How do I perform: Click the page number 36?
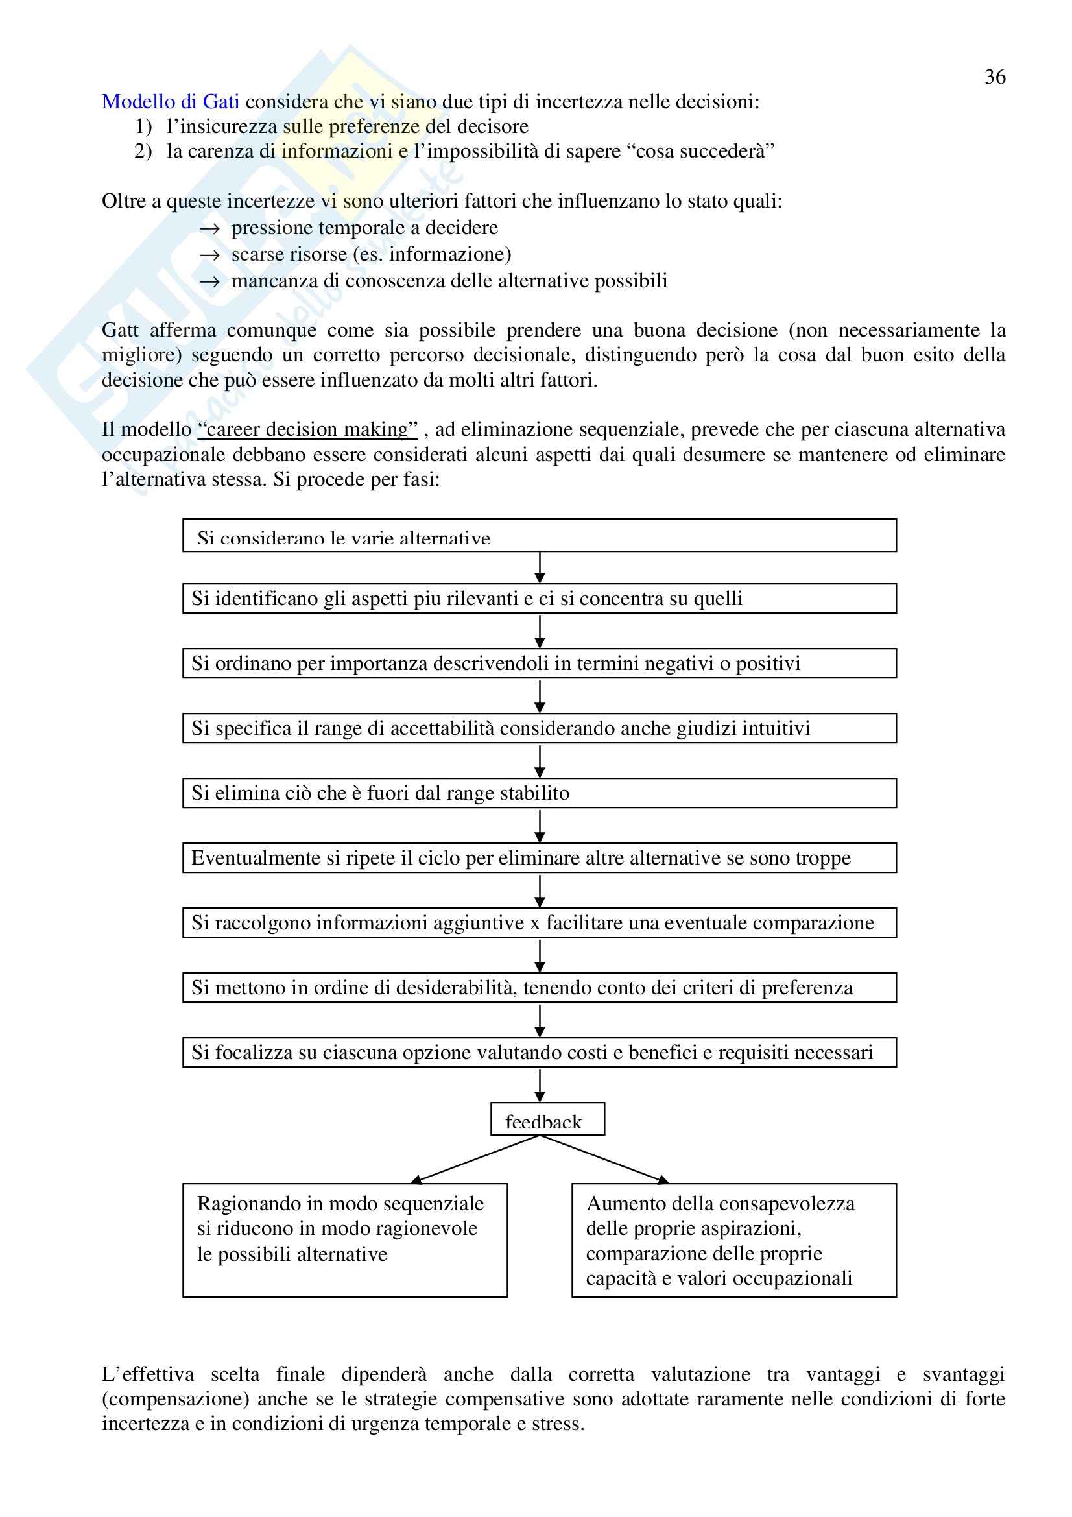995,77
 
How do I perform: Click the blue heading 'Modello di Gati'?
171,102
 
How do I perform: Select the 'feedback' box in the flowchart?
547,1119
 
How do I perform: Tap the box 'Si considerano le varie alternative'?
539,535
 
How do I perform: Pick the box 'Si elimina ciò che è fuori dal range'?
539,793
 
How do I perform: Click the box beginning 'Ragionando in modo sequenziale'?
345,1239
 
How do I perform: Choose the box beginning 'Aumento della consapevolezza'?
734,1239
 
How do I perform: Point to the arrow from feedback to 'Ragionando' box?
475,1160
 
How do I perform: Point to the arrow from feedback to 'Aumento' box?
604,1160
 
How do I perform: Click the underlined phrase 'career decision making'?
308,429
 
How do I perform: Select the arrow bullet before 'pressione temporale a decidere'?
209,228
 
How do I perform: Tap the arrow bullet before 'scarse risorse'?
209,256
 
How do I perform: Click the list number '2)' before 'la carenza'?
143,151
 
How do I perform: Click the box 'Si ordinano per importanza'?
539,663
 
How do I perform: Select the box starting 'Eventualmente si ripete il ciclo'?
539,857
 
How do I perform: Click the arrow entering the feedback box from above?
540,1085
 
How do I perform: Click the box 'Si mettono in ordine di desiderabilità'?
539,987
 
